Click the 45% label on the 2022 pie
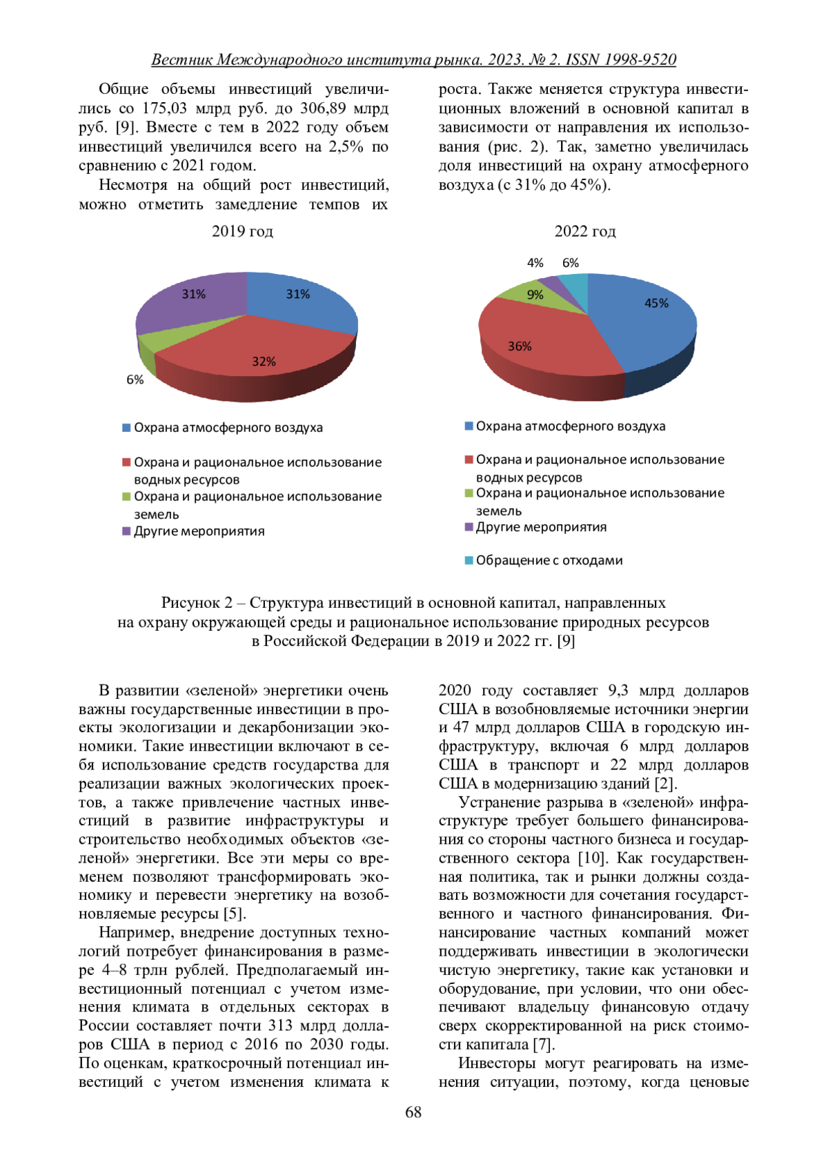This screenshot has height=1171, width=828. point(656,303)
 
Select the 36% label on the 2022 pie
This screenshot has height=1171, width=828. point(520,346)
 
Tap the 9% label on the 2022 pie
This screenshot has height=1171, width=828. point(535,295)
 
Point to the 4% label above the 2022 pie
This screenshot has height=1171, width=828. point(535,263)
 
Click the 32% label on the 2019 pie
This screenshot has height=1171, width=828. point(264,362)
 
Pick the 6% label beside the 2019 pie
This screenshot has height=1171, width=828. point(135,380)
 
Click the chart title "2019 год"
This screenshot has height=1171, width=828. point(242,231)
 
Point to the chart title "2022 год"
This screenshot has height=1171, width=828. point(585,231)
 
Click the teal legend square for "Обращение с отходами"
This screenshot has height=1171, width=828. point(469,560)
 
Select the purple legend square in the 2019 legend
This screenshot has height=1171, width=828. point(126,531)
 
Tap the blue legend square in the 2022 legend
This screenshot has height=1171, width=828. point(469,426)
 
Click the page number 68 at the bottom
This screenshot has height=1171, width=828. point(413,1112)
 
